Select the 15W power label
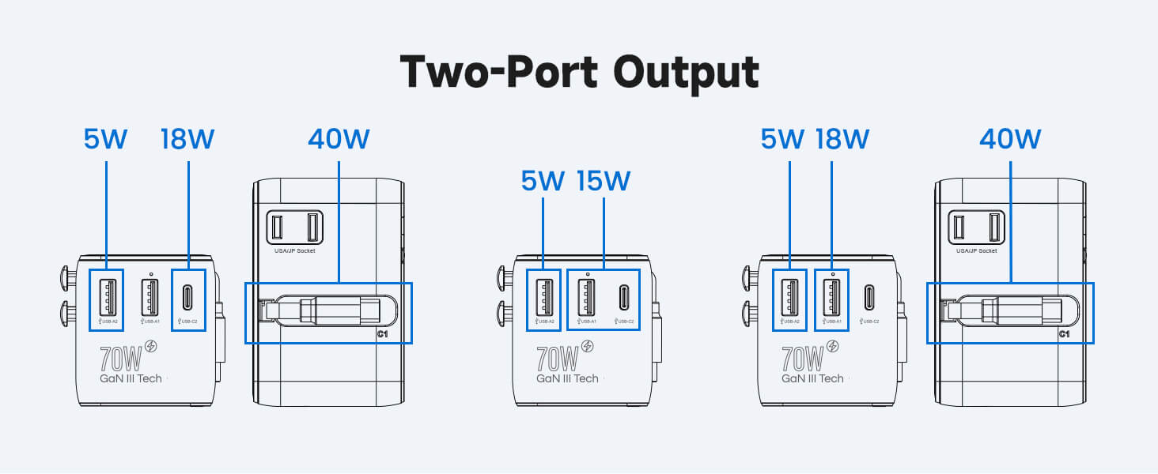coord(603,181)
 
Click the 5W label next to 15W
coord(543,181)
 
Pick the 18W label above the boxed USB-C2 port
coord(187,139)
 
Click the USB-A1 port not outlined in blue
coord(150,297)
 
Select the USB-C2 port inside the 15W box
coord(624,297)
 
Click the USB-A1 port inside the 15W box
coord(586,297)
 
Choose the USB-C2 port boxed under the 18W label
coord(188,297)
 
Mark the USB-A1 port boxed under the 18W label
coord(832,297)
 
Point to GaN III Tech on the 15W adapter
coord(567,378)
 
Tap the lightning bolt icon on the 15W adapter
coord(588,347)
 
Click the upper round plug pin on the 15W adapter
coord(503,278)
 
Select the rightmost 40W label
coord(1010,139)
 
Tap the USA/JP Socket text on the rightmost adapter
coord(976,250)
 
